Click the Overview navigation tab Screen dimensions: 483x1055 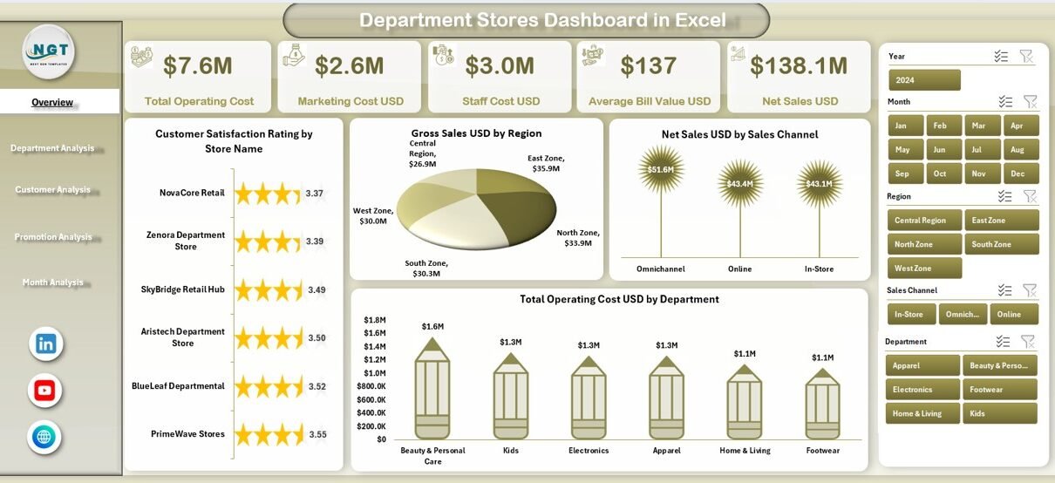click(x=53, y=102)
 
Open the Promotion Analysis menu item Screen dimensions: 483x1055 click(x=53, y=237)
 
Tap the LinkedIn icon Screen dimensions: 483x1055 click(x=45, y=344)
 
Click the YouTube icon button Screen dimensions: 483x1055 click(x=44, y=390)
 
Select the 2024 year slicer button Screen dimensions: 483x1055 click(x=924, y=80)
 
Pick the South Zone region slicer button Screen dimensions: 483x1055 click(x=1001, y=244)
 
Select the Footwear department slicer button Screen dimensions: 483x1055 click(x=999, y=390)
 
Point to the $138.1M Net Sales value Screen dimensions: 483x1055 click(x=799, y=66)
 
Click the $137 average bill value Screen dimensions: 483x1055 click(x=649, y=66)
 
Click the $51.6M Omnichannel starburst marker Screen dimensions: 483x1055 click(x=661, y=169)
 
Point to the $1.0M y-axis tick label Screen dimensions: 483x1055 click(x=375, y=372)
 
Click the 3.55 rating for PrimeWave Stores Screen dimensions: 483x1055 click(x=317, y=434)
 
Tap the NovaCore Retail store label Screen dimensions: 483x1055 click(x=192, y=193)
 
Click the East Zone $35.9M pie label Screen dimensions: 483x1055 click(x=546, y=163)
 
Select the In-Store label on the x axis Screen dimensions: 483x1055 click(x=819, y=269)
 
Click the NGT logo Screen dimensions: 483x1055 click(x=49, y=51)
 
